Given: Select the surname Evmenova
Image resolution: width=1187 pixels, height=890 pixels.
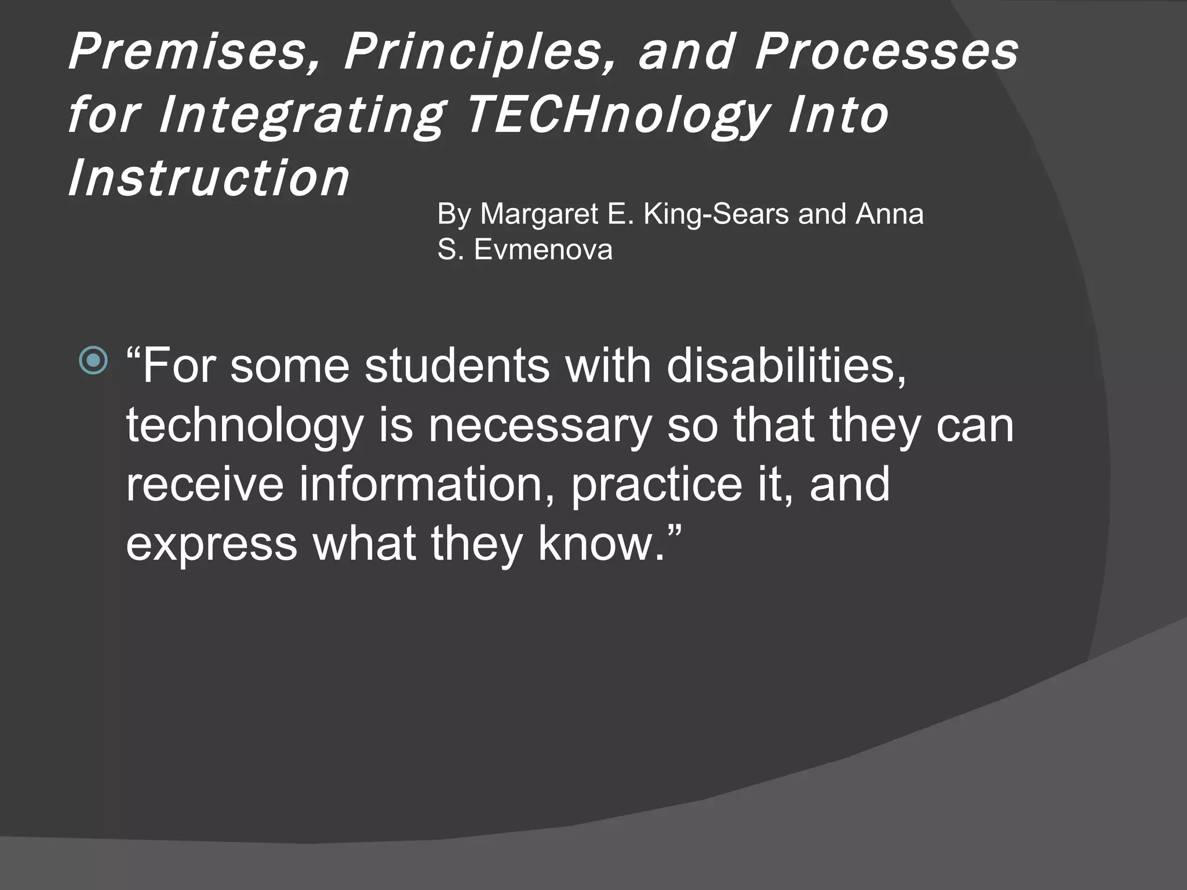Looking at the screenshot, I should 543,250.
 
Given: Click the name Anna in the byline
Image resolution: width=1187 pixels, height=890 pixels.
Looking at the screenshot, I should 890,214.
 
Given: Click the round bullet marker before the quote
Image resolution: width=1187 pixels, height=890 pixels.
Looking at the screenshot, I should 93,360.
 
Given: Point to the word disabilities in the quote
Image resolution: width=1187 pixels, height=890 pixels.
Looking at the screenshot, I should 785,366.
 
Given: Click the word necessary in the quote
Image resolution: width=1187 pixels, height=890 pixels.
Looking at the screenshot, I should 540,425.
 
